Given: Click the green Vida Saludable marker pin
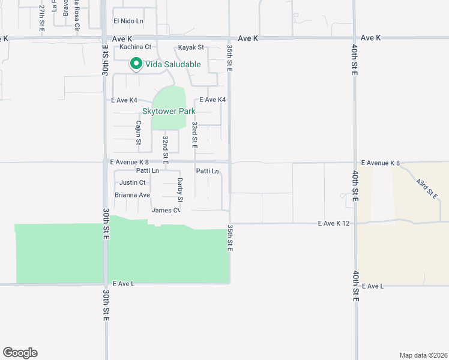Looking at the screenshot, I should (136, 63).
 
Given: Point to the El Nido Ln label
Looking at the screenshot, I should (128, 21).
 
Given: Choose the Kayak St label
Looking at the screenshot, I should (191, 47).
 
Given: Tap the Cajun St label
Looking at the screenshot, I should (137, 133).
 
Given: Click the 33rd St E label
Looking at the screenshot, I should (194, 135).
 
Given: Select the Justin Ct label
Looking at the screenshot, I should (133, 182).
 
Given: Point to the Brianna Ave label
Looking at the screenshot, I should (132, 195).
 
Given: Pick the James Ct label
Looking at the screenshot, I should (166, 210).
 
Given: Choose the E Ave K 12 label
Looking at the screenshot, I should (333, 223).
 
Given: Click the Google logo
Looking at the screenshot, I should (20, 353).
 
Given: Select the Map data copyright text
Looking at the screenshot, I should (423, 355).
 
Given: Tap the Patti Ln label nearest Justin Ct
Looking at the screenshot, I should (147, 171).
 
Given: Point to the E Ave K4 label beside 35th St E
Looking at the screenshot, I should (212, 100).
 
